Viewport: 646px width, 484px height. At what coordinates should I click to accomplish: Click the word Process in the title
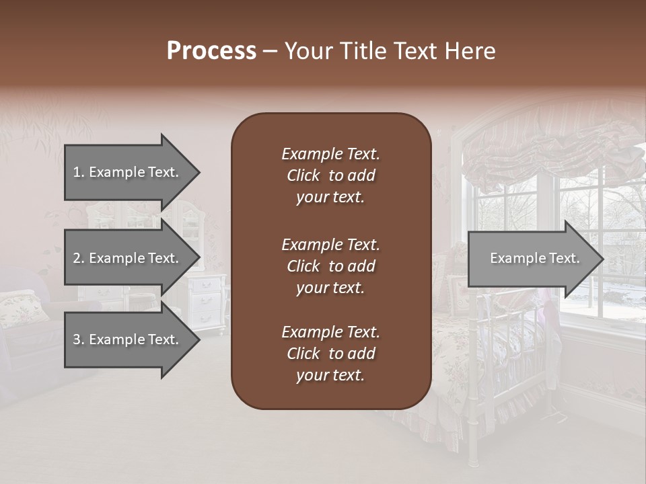coord(211,50)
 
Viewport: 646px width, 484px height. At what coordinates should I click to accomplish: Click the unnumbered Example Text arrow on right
coord(534,258)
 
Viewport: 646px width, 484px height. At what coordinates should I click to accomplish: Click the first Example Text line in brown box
coord(330,154)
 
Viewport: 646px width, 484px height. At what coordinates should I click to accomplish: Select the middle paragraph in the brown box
coord(330,266)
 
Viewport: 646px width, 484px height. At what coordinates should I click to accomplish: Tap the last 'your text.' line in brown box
coord(330,376)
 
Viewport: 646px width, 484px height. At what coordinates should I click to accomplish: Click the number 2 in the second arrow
coord(76,258)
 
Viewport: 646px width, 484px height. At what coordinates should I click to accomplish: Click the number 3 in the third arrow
coord(76,339)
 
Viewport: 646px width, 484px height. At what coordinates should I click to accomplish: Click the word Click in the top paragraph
coord(303,175)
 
